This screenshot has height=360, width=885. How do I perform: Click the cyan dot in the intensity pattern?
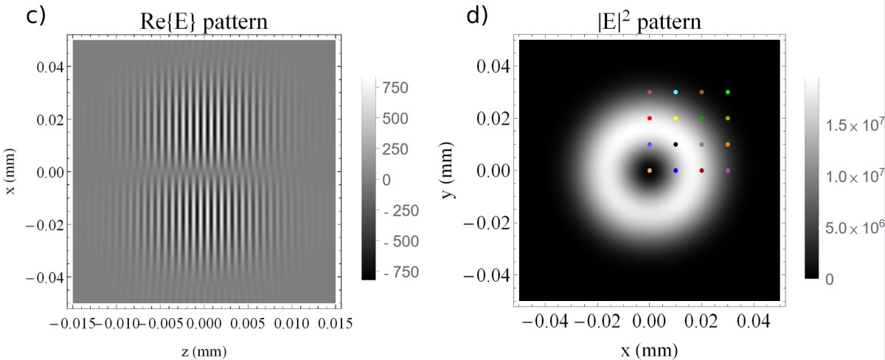676,92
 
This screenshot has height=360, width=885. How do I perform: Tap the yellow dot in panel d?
676,118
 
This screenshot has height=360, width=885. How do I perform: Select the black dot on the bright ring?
676,145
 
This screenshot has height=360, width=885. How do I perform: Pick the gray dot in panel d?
701,145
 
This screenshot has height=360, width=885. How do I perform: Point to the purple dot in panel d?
728,170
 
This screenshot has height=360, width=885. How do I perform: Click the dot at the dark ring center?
650,170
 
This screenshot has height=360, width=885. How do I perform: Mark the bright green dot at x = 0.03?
728,92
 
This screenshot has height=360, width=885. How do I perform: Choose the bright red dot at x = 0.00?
650,118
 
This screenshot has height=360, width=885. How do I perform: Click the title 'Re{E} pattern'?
204,23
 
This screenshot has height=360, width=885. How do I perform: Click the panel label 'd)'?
476,16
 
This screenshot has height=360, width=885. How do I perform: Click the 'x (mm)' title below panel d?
650,346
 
